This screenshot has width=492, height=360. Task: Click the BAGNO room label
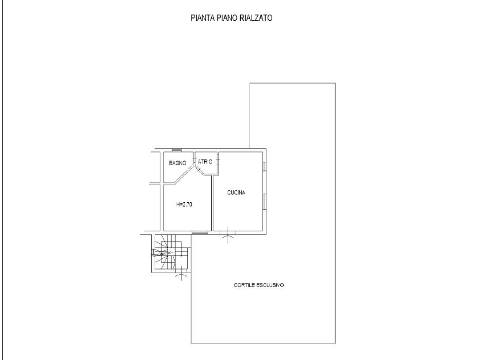178,163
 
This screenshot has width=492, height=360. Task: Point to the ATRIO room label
205,162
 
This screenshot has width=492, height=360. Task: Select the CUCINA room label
236,193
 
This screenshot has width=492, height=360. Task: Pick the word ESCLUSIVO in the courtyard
272,285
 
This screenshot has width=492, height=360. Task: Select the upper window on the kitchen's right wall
264,166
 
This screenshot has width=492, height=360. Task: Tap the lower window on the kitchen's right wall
264,201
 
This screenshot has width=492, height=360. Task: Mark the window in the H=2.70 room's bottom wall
200,232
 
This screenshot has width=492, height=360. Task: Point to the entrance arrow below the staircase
180,276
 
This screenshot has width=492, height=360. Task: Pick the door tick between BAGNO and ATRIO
195,158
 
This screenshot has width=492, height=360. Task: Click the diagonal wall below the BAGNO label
181,176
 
